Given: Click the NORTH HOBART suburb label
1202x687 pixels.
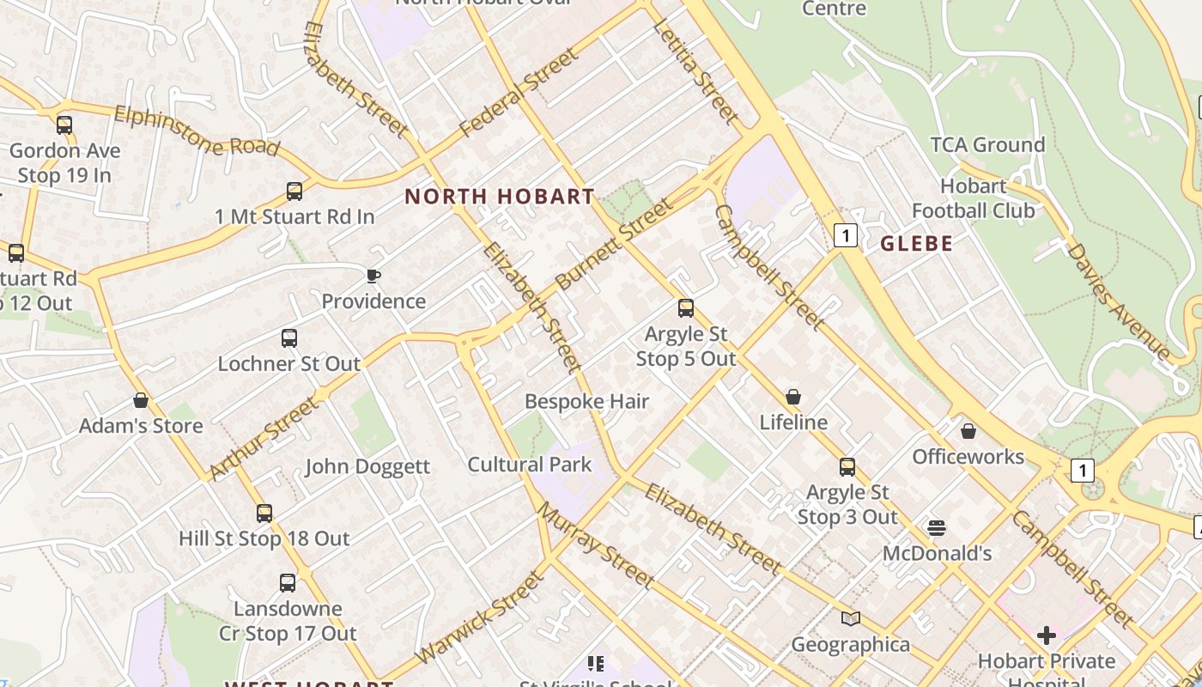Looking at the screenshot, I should point(500,197).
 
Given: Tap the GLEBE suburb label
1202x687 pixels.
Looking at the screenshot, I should point(917,244).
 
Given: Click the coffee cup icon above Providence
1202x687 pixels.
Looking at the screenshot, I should point(373,276).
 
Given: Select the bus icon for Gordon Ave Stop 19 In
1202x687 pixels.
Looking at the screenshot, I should point(64,125).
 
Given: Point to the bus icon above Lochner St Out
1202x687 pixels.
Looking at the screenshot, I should point(289,338).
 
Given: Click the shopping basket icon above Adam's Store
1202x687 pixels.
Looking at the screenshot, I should point(141,400).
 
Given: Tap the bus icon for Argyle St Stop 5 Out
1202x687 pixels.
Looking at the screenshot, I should point(685,308).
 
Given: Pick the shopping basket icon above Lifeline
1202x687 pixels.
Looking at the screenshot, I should point(793,397).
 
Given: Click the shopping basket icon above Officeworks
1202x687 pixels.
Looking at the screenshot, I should point(968,431).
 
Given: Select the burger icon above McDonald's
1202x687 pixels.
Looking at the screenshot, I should point(937,527).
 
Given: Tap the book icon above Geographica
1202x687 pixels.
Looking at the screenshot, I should point(850,618).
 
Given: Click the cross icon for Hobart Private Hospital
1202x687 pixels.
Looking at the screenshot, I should point(1047,635).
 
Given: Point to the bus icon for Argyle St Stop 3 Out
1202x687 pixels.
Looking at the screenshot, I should point(847,467).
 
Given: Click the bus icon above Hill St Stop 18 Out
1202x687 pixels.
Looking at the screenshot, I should point(264,514).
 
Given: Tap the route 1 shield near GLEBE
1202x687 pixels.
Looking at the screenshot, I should point(846,234).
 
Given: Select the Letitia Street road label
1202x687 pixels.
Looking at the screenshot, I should point(695,70).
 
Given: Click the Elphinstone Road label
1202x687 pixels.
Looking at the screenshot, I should point(197,131).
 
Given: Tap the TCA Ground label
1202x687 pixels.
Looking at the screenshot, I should point(987,145).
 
